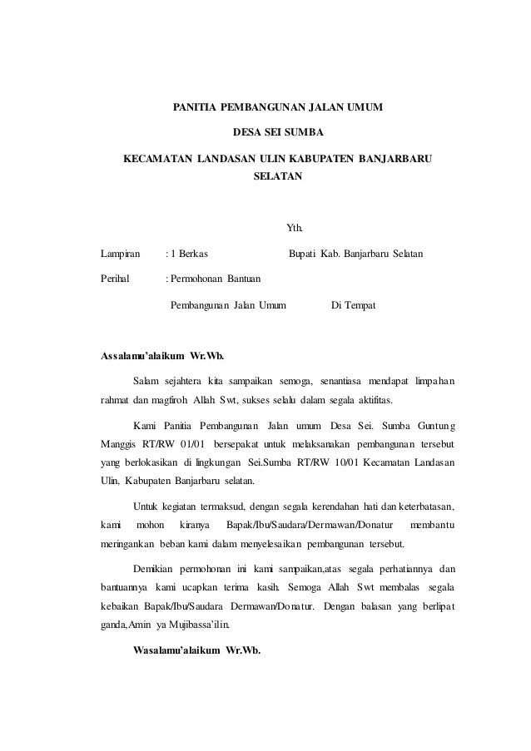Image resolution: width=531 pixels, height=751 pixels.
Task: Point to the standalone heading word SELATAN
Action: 278,177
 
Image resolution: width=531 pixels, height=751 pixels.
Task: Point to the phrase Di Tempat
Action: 353,306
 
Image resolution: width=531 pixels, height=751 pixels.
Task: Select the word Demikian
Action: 156,569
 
